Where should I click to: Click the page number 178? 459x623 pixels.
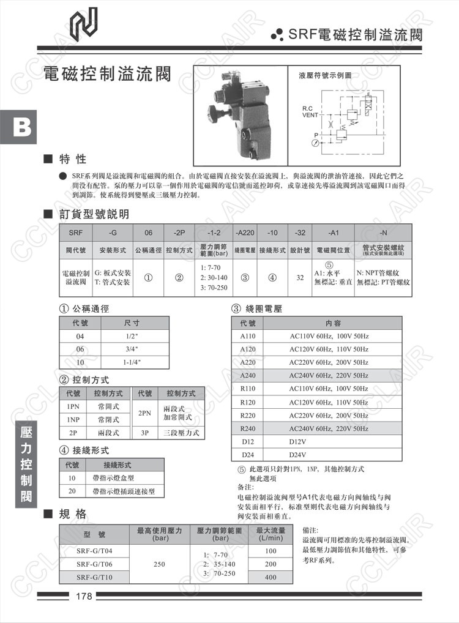click(x=84, y=596)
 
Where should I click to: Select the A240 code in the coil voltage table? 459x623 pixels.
click(x=248, y=375)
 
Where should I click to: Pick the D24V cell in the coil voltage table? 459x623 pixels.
click(x=297, y=454)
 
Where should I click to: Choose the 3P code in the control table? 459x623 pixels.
click(x=145, y=432)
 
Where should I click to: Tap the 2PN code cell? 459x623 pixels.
click(x=145, y=412)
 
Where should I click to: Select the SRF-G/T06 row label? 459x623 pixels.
click(x=94, y=564)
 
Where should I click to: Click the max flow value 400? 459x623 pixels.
click(x=271, y=577)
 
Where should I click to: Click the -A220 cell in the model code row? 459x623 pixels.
click(x=245, y=233)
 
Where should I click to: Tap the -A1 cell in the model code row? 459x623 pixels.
click(x=333, y=233)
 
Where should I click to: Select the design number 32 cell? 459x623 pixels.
click(x=300, y=277)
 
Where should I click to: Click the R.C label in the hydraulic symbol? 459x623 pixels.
click(x=307, y=109)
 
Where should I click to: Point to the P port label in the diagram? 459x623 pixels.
click(x=316, y=135)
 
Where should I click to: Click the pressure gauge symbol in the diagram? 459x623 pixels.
click(x=315, y=143)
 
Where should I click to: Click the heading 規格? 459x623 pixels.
click(x=72, y=513)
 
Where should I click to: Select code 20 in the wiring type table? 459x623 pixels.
click(x=72, y=491)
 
